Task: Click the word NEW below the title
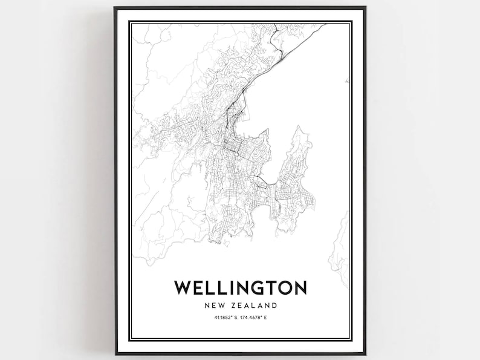(x=213, y=306)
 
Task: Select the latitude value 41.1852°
(x=221, y=317)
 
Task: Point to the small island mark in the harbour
(x=346, y=80)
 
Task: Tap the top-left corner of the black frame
(x=115, y=7)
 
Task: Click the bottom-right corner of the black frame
(x=365, y=354)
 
